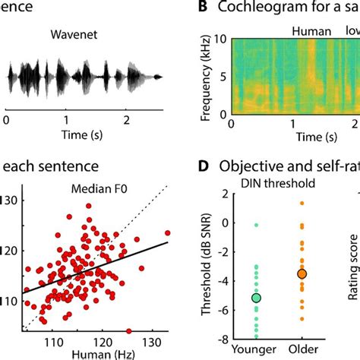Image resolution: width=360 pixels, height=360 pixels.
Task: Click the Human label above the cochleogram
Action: [x=311, y=32]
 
